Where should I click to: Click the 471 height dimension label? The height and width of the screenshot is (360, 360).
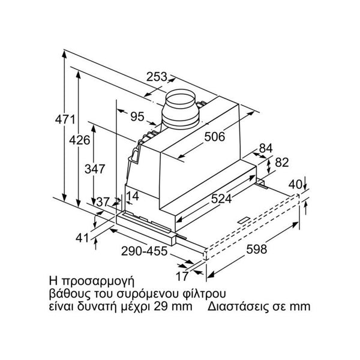click(x=65, y=119)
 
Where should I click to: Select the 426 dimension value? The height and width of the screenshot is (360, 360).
click(x=79, y=140)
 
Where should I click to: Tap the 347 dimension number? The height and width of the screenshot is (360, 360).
click(x=95, y=169)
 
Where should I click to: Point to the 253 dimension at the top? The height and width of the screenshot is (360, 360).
click(x=157, y=77)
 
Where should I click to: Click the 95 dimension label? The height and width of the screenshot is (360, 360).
click(x=137, y=116)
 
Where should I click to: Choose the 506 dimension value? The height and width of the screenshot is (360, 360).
click(x=215, y=137)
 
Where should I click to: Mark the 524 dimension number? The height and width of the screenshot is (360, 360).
click(x=221, y=199)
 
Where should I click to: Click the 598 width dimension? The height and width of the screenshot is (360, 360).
click(x=256, y=249)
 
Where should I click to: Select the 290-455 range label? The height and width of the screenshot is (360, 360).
click(x=144, y=251)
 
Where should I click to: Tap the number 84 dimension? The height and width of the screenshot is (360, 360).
click(x=266, y=148)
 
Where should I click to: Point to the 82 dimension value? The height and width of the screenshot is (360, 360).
click(x=282, y=163)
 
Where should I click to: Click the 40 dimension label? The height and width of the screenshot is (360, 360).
click(x=295, y=184)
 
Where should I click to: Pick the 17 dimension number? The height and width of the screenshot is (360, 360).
click(x=182, y=276)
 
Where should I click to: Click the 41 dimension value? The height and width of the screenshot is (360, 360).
click(x=82, y=238)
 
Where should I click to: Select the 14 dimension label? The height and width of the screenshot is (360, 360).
click(x=133, y=196)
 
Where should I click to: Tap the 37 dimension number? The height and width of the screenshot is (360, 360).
click(x=103, y=202)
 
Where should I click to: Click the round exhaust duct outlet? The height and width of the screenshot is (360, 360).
click(x=181, y=108)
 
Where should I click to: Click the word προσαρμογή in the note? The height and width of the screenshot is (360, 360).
click(x=98, y=281)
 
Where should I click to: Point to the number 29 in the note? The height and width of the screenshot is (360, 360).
click(x=160, y=306)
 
